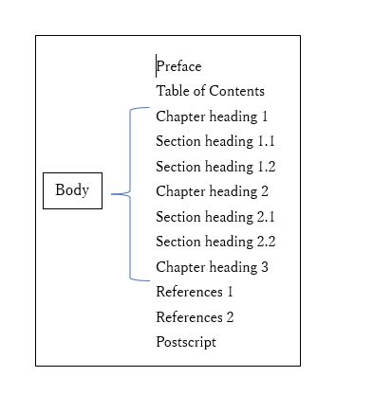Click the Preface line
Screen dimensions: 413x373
click(x=179, y=66)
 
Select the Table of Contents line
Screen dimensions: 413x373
click(x=210, y=91)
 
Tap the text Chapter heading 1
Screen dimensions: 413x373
click(x=212, y=117)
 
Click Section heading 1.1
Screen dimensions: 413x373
click(x=215, y=141)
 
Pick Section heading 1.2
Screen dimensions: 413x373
click(x=215, y=167)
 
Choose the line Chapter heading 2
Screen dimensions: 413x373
click(x=212, y=191)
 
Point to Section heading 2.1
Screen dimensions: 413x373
click(x=215, y=217)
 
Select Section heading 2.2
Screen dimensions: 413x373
click(x=215, y=242)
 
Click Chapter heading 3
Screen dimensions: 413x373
click(x=212, y=267)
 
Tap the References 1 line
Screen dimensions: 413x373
click(x=195, y=292)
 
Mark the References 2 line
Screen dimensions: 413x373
click(x=195, y=317)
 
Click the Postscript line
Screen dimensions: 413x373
click(x=186, y=342)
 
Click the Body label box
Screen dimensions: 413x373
click(x=72, y=190)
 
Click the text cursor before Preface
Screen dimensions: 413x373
click(x=157, y=66)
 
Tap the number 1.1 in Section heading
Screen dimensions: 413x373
click(x=266, y=141)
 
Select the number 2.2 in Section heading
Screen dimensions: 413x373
click(x=266, y=242)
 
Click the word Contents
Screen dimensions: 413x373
click(x=236, y=91)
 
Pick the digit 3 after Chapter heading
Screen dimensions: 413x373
click(x=264, y=267)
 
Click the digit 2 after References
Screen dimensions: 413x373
click(x=229, y=317)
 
